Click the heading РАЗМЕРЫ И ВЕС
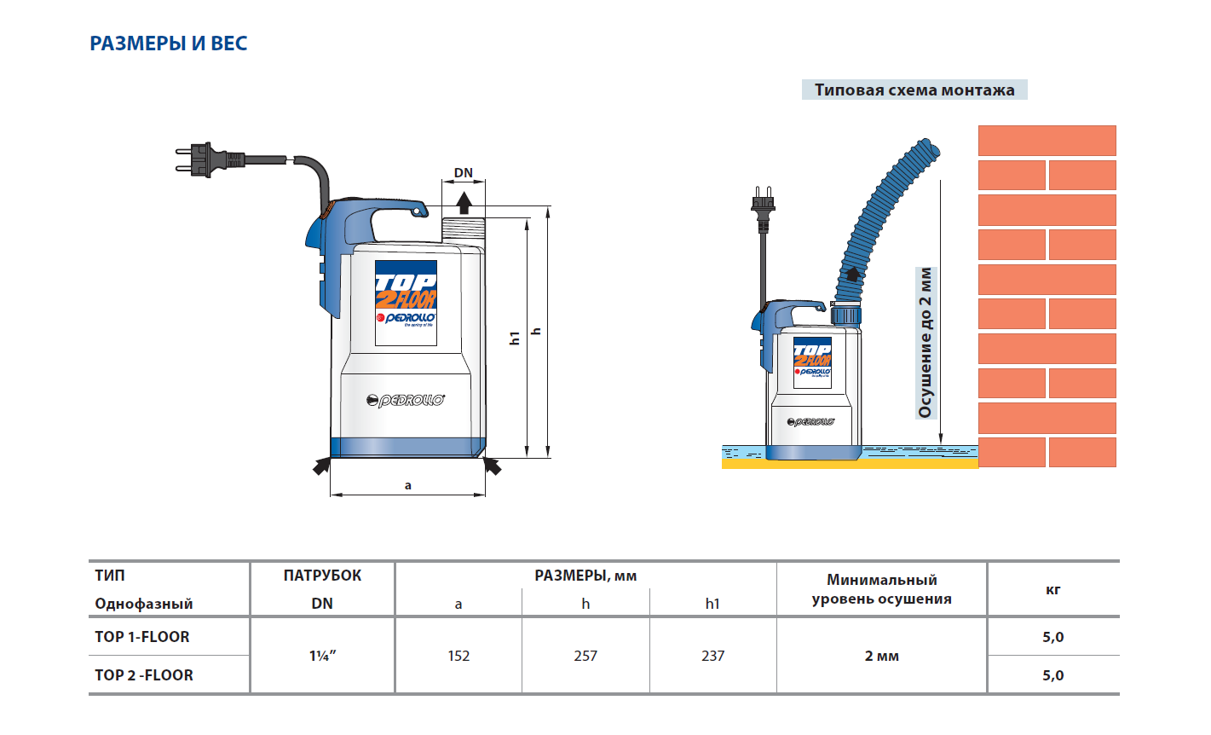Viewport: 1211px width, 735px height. pos(168,43)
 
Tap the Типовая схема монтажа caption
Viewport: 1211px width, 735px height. pos(914,90)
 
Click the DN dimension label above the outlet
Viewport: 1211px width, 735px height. pos(464,172)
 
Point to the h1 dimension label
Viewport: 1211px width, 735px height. pos(515,338)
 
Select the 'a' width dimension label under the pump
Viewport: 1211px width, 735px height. pos(408,485)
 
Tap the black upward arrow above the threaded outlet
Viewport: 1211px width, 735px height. pos(464,203)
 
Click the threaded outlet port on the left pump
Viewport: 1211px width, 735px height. pos(464,231)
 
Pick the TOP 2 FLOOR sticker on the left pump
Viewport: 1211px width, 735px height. pos(406,303)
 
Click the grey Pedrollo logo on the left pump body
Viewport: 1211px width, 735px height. pos(406,400)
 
